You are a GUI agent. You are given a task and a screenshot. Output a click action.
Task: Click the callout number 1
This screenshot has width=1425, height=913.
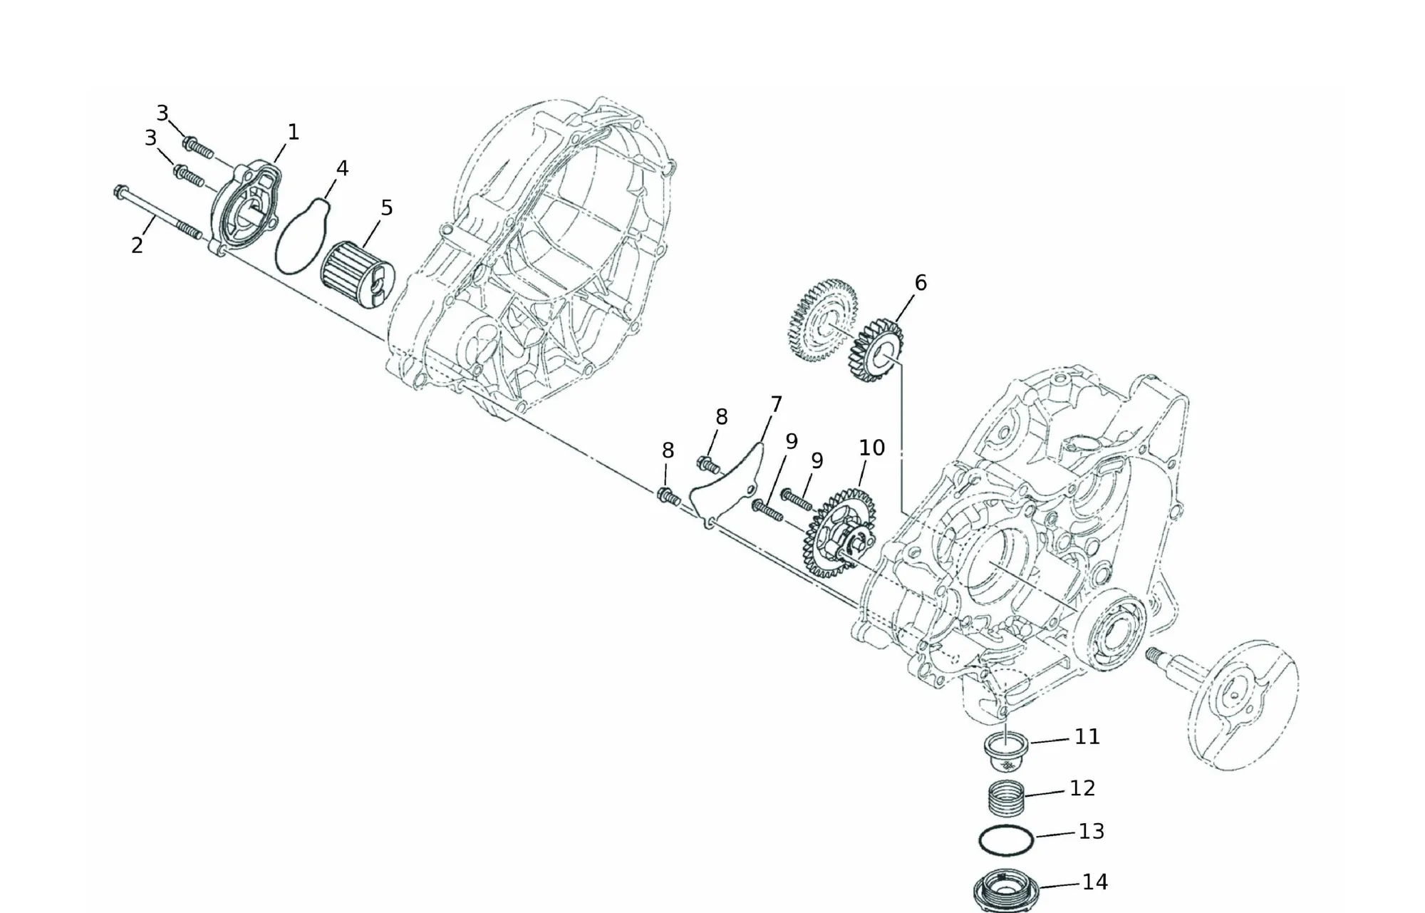[x=293, y=132]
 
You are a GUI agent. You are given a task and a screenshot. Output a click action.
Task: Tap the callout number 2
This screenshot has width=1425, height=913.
[x=137, y=245]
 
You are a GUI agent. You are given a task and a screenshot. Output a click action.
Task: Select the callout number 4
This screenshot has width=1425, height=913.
[x=342, y=168]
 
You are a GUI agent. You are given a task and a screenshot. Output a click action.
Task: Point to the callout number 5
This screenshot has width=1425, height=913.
[x=386, y=208]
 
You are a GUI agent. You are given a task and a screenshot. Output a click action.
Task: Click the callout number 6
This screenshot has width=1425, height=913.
[x=921, y=283]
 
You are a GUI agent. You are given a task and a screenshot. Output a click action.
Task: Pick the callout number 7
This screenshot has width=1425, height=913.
[x=776, y=405]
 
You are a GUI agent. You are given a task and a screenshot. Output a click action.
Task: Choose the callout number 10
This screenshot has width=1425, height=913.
[x=872, y=448]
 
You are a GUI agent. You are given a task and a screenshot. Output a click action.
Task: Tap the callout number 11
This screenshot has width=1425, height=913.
[x=1087, y=736]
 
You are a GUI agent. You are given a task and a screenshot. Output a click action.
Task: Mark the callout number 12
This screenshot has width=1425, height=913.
[x=1082, y=788]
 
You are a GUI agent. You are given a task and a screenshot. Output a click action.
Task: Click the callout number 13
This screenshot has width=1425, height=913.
[x=1092, y=831]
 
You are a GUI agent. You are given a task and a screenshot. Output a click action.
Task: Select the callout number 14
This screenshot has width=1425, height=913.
[x=1095, y=882]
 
